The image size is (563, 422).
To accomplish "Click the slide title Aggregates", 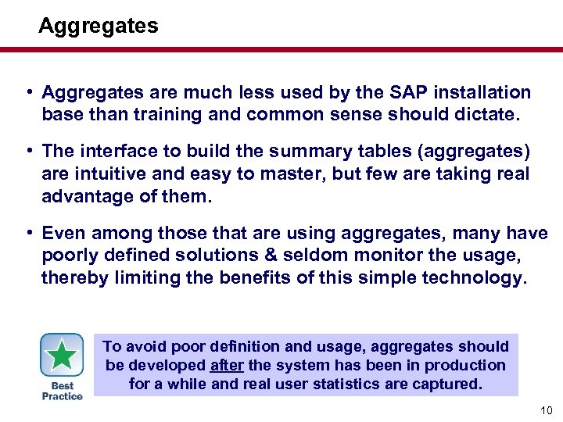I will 98,26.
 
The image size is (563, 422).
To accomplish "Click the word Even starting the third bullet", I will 63,233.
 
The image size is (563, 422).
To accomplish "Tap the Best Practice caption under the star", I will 62,391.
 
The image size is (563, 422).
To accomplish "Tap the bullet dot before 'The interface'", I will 28,151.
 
